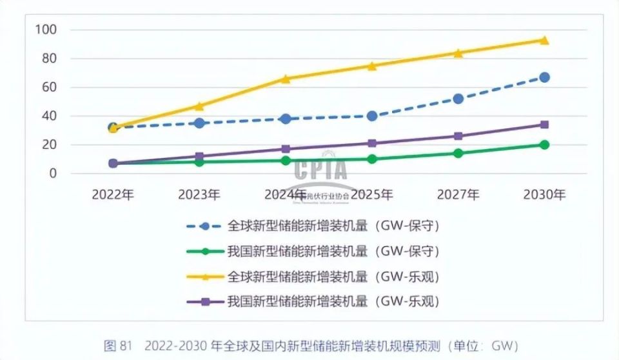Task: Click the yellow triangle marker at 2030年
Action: click(x=544, y=40)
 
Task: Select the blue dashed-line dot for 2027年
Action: click(x=458, y=99)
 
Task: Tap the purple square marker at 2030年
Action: click(x=544, y=125)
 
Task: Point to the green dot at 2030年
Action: click(x=544, y=145)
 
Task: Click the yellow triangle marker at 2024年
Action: click(x=286, y=79)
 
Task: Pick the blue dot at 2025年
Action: click(x=372, y=116)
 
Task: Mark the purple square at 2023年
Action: click(x=199, y=156)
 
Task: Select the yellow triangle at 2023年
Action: click(x=199, y=106)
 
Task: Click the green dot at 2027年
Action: click(x=458, y=154)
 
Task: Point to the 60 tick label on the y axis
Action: click(x=50, y=87)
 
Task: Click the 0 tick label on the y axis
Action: click(x=54, y=174)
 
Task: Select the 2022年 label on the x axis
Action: click(x=113, y=194)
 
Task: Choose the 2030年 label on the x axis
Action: click(x=544, y=194)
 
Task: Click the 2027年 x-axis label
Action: click(x=458, y=194)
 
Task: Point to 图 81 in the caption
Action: click(x=118, y=345)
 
